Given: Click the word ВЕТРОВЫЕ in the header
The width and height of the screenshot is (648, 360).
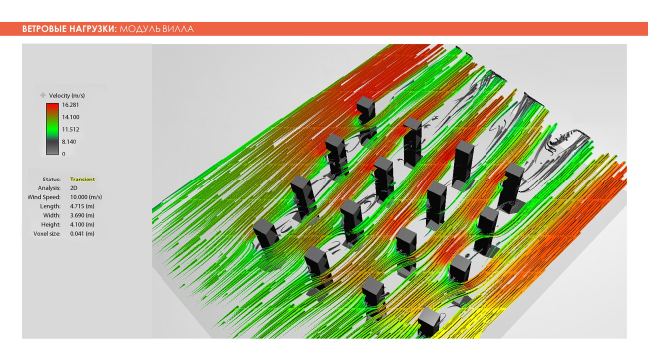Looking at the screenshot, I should [x=44, y=29].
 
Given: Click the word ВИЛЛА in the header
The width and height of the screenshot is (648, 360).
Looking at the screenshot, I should [x=179, y=29].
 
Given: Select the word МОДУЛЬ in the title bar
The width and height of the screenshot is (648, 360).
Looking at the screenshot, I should [x=140, y=29].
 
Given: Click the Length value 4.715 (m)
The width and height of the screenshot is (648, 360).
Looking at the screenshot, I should [x=83, y=206].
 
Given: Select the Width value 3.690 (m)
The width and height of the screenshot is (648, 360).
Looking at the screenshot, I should [x=83, y=215].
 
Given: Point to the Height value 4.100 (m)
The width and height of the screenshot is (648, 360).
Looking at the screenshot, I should [x=83, y=224].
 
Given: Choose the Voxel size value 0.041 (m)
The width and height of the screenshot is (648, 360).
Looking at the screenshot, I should [x=83, y=233].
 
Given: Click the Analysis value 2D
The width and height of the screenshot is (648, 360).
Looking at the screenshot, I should [x=74, y=187].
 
